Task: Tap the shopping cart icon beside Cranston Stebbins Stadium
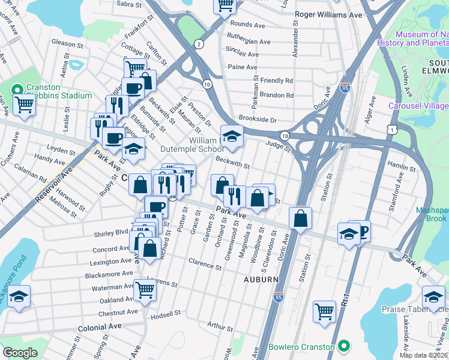[25, 105]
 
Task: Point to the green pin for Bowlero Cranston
[343, 346]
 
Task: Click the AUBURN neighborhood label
[261, 280]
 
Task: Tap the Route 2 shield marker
[198, 44]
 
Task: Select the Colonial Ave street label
[100, 326]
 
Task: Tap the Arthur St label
[220, 326]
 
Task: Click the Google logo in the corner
[20, 353]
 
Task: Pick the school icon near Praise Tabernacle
[433, 296]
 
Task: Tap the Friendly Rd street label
[276, 80]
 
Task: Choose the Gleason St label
[67, 44]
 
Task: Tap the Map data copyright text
[423, 355]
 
